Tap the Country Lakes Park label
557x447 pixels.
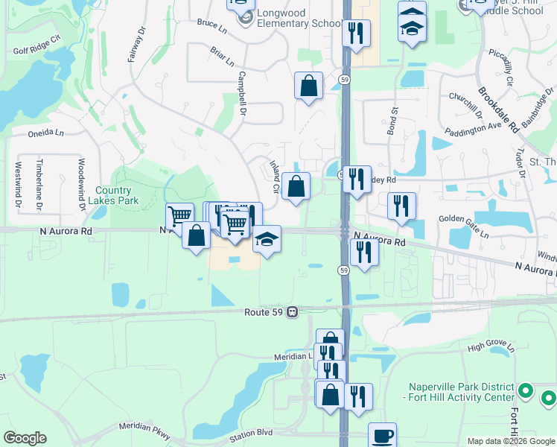[113, 196]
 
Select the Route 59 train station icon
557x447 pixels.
[293, 312]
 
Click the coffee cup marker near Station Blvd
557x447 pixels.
[383, 435]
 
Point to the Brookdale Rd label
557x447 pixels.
[498, 109]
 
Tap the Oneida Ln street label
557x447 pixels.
[46, 133]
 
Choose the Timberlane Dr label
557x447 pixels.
[40, 184]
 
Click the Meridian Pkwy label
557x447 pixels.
[142, 428]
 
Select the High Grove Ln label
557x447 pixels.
[491, 347]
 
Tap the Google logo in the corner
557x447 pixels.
[25, 438]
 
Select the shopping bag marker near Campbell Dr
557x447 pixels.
[308, 86]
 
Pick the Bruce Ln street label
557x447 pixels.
[211, 25]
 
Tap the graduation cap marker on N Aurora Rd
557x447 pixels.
[267, 240]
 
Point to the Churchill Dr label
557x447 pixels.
[466, 104]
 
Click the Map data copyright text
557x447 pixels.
[510, 441]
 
